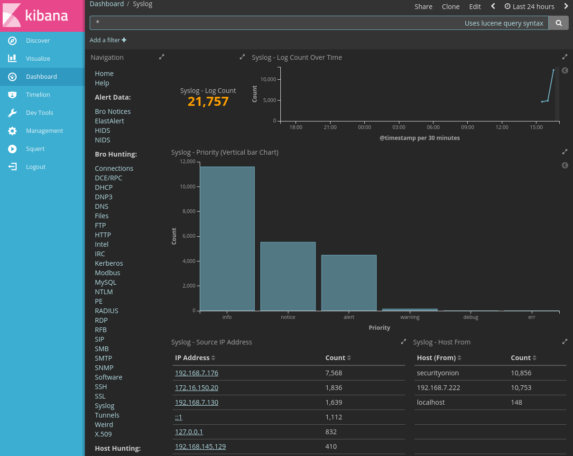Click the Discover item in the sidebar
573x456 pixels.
pyautogui.click(x=37, y=41)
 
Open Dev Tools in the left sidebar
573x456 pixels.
pyautogui.click(x=39, y=113)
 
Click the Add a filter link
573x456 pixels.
pyautogui.click(x=108, y=40)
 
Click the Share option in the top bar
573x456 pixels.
pyautogui.click(x=423, y=7)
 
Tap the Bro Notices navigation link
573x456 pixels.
pyautogui.click(x=112, y=112)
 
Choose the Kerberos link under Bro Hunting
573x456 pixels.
pyautogui.click(x=109, y=263)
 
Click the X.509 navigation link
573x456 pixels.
pyautogui.click(x=103, y=434)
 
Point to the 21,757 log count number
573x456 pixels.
pyautogui.click(x=208, y=102)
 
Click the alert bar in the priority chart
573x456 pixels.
pyautogui.click(x=349, y=283)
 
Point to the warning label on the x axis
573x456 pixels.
pyautogui.click(x=409, y=317)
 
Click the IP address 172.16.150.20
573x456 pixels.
pyautogui.click(x=196, y=388)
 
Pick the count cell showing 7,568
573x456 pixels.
pyautogui.click(x=333, y=373)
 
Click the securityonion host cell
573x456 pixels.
pyautogui.click(x=437, y=373)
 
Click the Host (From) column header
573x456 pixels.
pyautogui.click(x=436, y=358)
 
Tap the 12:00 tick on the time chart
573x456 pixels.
pyautogui.click(x=502, y=127)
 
